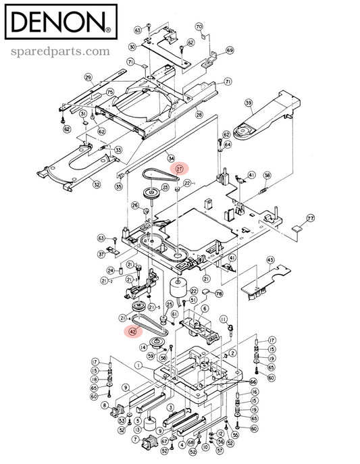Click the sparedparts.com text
(59, 51)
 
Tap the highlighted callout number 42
(133, 330)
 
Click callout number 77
(311, 218)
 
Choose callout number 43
(269, 260)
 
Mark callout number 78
(217, 294)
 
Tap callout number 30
(132, 47)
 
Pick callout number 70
(199, 26)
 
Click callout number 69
(230, 51)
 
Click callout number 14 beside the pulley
(143, 347)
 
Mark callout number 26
(135, 205)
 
